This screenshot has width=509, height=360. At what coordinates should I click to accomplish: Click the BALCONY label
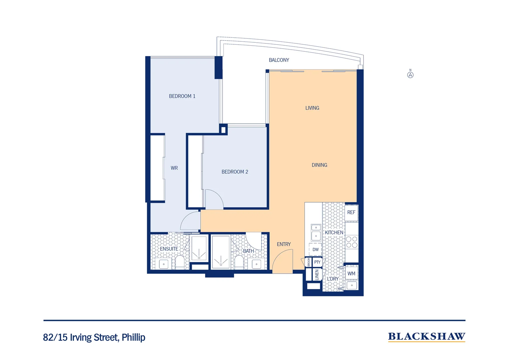click(x=279, y=60)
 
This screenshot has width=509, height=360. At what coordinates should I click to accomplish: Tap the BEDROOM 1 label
click(x=182, y=96)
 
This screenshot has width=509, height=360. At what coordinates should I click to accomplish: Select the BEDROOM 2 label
click(x=235, y=172)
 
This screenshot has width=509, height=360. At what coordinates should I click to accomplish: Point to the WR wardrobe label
click(x=174, y=168)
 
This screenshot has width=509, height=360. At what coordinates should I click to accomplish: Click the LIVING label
click(x=312, y=108)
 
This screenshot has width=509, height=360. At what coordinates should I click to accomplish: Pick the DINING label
click(x=319, y=165)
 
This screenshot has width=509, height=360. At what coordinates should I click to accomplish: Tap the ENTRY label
click(x=283, y=244)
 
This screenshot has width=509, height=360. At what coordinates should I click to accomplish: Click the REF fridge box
click(x=351, y=213)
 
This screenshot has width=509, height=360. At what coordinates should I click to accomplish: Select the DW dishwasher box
click(x=315, y=249)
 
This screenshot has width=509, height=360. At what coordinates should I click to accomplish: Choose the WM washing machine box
click(x=351, y=274)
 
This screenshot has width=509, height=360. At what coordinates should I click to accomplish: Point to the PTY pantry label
click(x=317, y=262)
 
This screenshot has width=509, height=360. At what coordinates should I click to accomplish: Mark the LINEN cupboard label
click(x=317, y=275)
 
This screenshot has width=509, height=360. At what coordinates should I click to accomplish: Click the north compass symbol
click(x=410, y=75)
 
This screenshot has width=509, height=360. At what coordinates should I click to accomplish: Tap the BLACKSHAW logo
click(x=426, y=337)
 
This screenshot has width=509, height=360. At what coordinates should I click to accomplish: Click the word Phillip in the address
click(x=133, y=337)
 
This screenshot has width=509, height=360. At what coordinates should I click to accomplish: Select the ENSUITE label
click(x=169, y=249)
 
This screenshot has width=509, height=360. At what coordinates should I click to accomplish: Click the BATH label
click(x=248, y=251)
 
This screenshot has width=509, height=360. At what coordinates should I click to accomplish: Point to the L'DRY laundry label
click(x=332, y=279)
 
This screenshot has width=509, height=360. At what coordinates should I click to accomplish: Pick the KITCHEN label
click(x=334, y=233)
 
